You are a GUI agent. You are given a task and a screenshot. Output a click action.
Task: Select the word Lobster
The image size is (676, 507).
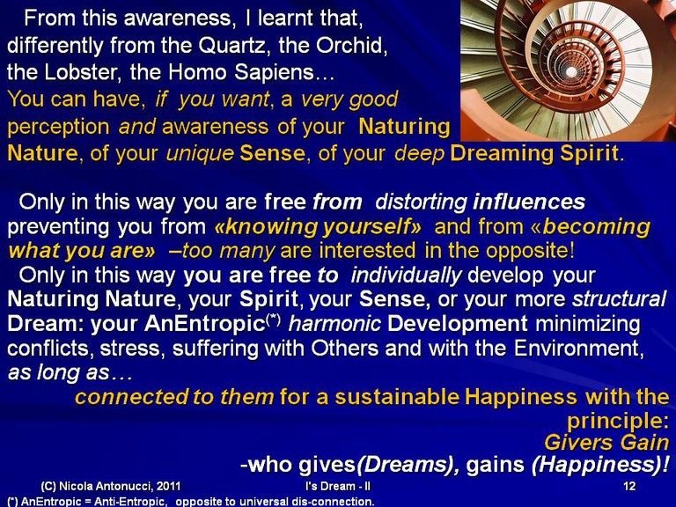click(81, 72)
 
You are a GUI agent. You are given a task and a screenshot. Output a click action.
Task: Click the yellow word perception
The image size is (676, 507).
click(58, 128)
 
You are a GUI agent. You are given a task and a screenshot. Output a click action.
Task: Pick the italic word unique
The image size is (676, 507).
click(200, 154)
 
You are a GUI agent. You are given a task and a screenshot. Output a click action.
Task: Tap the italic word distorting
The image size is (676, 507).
click(422, 202)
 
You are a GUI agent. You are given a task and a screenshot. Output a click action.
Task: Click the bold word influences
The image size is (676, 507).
click(529, 202)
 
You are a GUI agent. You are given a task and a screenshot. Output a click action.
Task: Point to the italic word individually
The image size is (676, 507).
click(406, 276)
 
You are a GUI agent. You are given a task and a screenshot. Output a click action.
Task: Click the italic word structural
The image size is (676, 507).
click(619, 299)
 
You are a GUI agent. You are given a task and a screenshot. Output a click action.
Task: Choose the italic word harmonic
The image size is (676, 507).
click(335, 324)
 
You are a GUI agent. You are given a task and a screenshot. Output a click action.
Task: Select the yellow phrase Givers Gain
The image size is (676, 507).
click(606, 443)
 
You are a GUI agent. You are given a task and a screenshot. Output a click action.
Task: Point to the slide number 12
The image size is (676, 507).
click(629, 486)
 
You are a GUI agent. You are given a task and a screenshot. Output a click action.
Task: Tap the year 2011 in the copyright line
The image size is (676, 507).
click(169, 486)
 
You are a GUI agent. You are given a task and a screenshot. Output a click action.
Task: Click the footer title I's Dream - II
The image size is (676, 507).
click(338, 486)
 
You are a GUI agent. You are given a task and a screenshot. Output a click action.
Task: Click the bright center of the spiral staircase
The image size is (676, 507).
click(571, 71)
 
